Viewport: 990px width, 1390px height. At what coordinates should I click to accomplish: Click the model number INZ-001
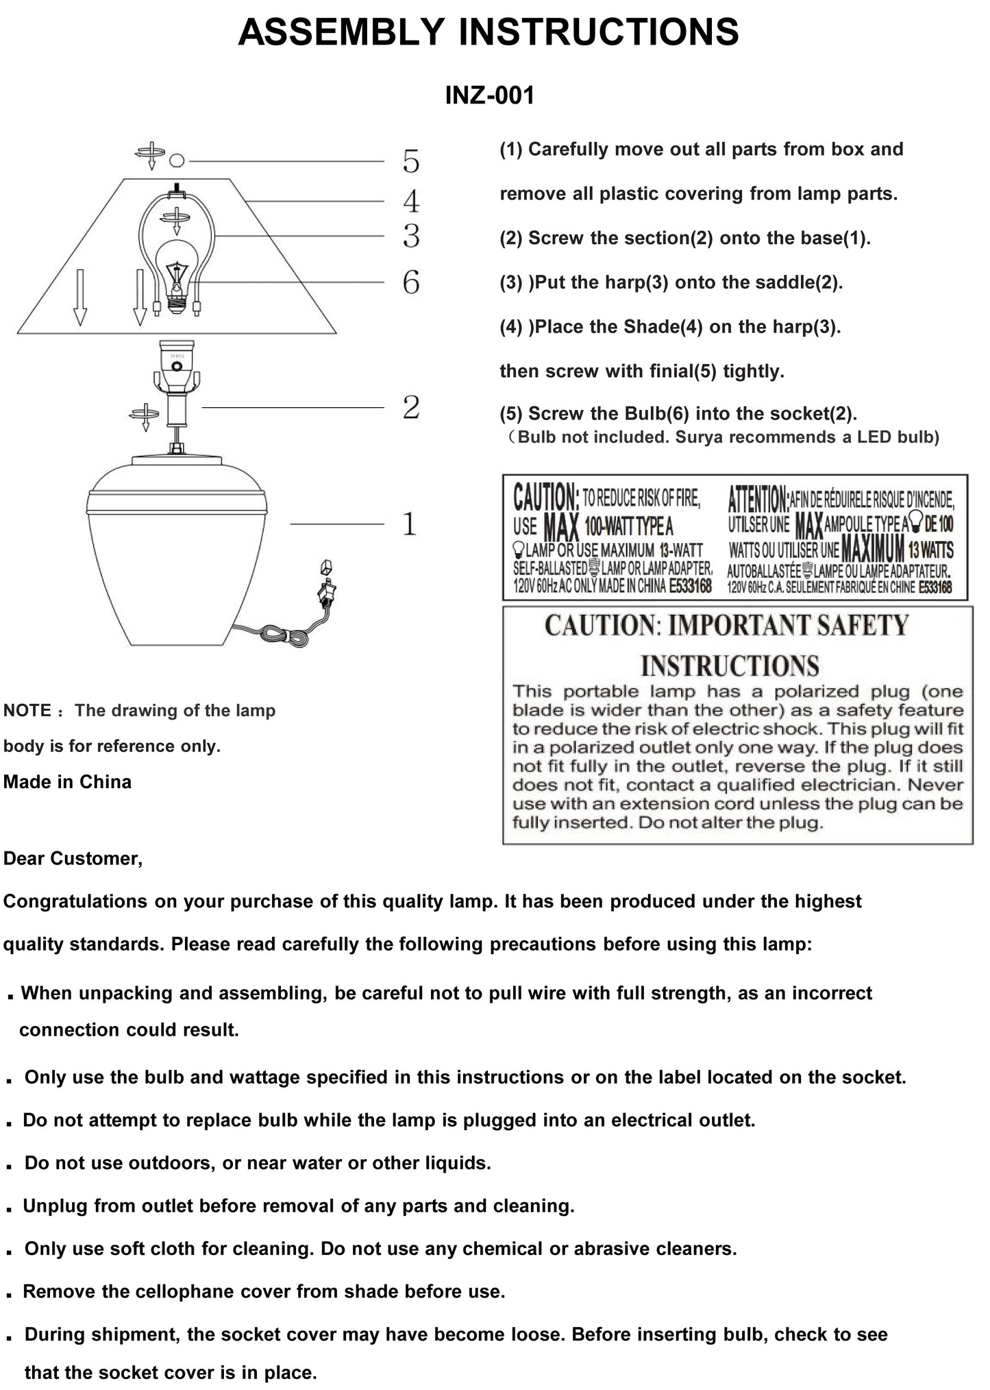coord(489,95)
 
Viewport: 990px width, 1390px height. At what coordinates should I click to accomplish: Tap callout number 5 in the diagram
coord(410,162)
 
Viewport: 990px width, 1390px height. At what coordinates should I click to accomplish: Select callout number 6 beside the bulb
coord(410,282)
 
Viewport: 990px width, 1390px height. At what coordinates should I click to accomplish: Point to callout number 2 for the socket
coord(410,408)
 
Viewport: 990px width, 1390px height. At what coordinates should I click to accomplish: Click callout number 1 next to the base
coord(410,524)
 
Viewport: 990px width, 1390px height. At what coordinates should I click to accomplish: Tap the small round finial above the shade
coord(177,160)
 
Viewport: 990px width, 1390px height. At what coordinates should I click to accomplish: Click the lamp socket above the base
coord(177,363)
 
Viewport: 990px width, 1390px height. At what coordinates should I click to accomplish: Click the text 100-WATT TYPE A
coord(628,527)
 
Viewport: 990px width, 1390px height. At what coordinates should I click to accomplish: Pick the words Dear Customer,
coord(73,859)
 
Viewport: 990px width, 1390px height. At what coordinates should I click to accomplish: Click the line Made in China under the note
coord(67,782)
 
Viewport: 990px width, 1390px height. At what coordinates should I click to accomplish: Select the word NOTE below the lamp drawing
coord(27,711)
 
